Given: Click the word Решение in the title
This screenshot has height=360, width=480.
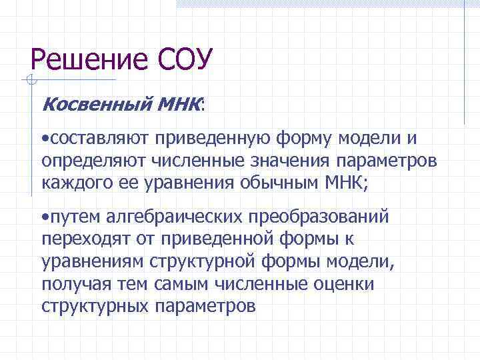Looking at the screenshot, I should click(89, 61).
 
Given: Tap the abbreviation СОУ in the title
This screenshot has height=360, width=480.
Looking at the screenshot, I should click(185, 61).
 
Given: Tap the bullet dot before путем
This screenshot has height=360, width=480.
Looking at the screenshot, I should click(43, 217).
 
